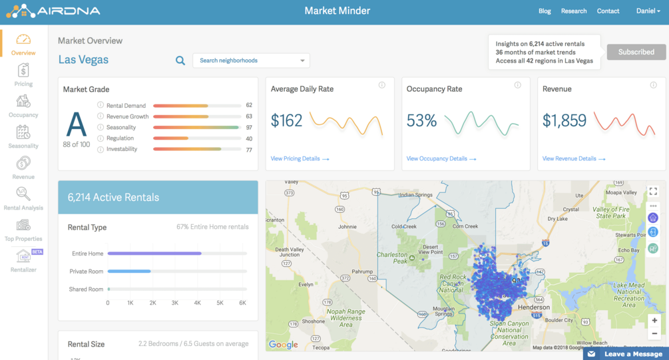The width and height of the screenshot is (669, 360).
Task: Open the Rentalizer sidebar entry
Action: [x=23, y=260]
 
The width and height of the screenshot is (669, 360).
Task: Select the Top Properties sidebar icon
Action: [x=23, y=229]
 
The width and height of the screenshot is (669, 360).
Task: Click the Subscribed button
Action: [x=636, y=52]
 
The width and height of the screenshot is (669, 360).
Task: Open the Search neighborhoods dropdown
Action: [x=251, y=61]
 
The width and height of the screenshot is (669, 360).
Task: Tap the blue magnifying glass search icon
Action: [x=180, y=61]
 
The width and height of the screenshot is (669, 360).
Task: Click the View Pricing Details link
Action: [x=300, y=159]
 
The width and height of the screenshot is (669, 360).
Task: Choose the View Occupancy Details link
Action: [x=441, y=159]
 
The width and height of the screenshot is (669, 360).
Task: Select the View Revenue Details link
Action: [x=573, y=159]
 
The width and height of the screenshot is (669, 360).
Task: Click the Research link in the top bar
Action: [x=574, y=11]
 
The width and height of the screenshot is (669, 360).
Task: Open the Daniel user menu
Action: [x=648, y=11]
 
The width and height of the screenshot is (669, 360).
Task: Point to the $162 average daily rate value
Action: [x=287, y=120]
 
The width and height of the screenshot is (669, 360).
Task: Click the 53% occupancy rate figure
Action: [x=421, y=120]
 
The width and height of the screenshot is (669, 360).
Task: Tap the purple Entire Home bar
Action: [x=154, y=254]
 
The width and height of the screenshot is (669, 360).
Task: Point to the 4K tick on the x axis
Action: [x=198, y=303]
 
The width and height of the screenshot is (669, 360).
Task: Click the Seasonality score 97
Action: [x=249, y=127]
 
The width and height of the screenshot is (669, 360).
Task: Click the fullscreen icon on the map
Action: [x=653, y=192]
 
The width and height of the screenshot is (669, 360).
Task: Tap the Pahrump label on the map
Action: [x=363, y=271]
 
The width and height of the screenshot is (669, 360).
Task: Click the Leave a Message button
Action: [x=626, y=354]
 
